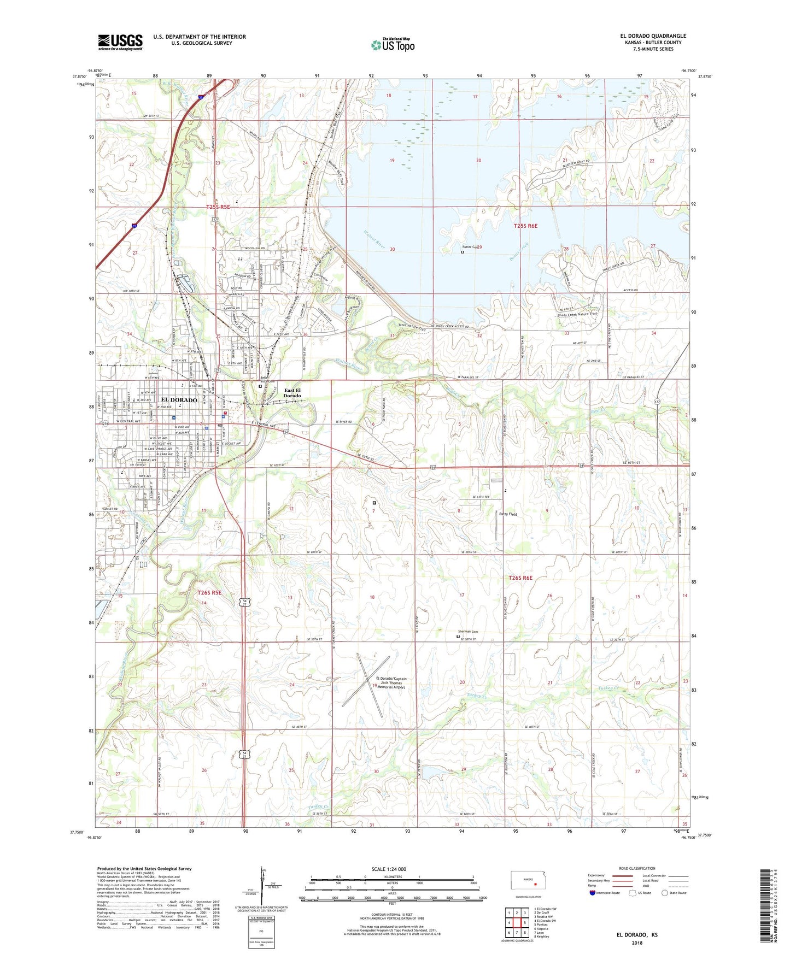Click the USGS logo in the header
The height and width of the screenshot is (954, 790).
click(120, 42)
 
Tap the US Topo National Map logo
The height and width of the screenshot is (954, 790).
click(393, 44)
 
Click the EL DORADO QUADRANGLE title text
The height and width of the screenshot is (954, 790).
click(649, 36)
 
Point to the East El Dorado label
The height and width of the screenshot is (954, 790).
click(292, 393)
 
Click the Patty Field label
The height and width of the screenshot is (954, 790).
click(508, 514)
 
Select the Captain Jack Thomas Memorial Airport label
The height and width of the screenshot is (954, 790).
click(389, 683)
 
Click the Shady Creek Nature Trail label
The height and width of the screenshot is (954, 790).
click(577, 315)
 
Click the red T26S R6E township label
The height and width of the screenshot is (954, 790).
click(520, 578)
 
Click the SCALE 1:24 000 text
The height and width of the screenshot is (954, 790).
click(389, 869)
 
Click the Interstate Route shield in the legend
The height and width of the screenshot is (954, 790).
click(592, 893)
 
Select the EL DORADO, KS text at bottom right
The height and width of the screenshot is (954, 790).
click(637, 935)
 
